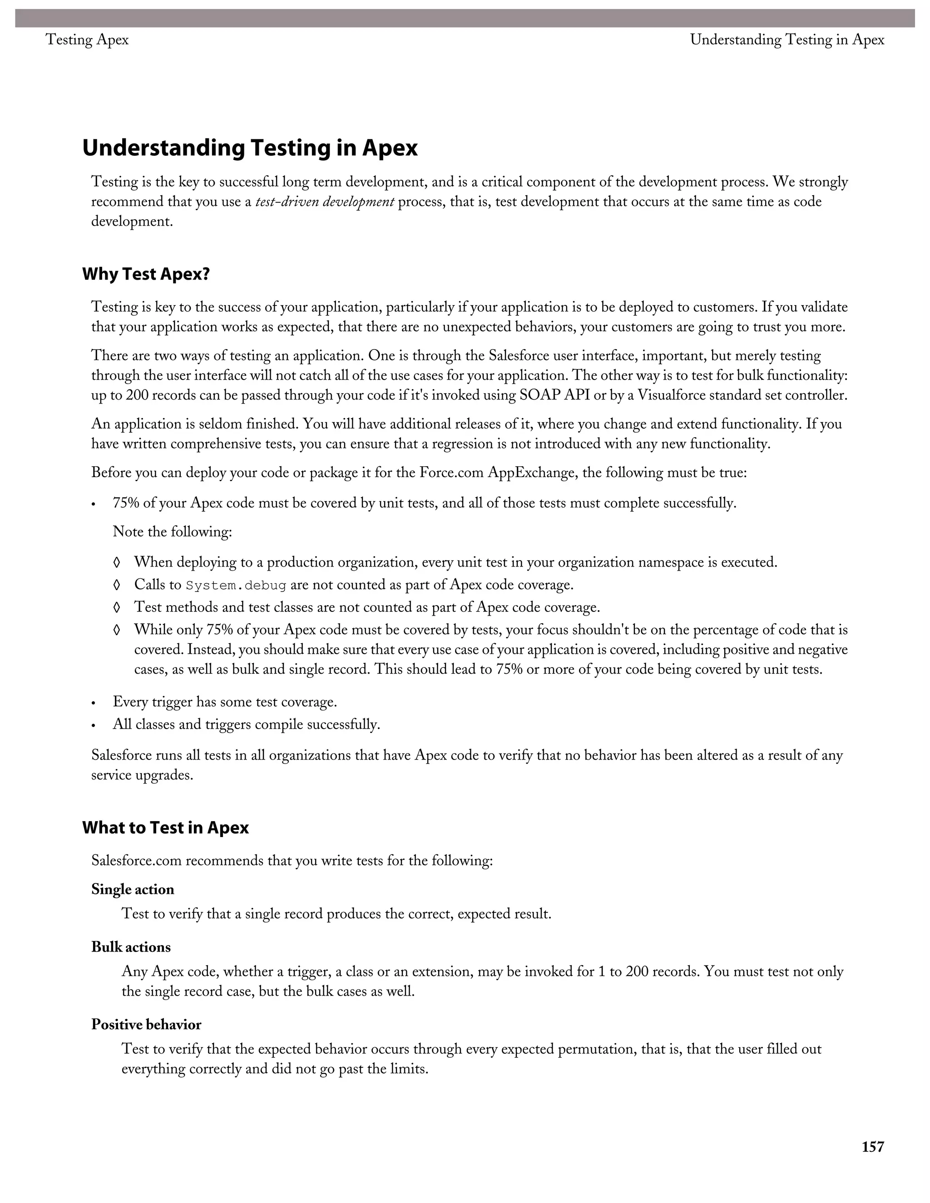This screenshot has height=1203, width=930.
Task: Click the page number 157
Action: click(x=873, y=1147)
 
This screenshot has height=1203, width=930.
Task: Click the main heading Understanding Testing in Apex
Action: click(x=250, y=148)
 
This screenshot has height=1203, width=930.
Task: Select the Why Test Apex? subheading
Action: click(x=146, y=274)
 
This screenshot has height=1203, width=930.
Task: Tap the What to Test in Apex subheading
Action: click(x=165, y=827)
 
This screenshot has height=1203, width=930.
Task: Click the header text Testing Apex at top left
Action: click(x=87, y=39)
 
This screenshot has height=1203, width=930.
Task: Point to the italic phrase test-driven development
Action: click(x=325, y=202)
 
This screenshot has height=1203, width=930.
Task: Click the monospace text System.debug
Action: click(x=236, y=585)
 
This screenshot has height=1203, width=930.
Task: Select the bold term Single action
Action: click(x=133, y=889)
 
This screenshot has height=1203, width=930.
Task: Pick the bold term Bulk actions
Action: click(x=131, y=947)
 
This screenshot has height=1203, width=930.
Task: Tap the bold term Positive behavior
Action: click(x=146, y=1024)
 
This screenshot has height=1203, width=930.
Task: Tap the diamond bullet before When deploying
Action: click(x=116, y=562)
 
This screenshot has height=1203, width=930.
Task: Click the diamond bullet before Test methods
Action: click(x=116, y=607)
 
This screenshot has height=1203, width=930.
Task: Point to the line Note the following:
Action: click(x=172, y=532)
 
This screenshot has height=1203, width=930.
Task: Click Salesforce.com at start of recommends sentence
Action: click(x=136, y=860)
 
